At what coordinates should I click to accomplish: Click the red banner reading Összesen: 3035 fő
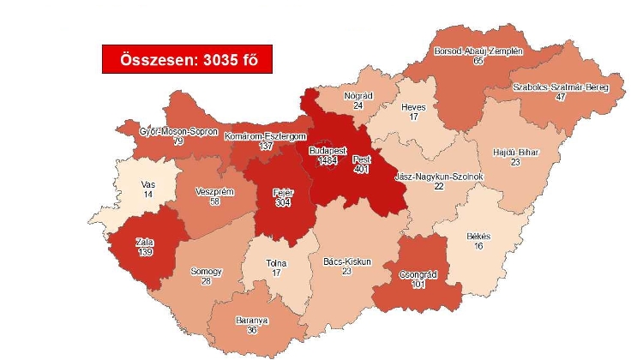click(x=180, y=59)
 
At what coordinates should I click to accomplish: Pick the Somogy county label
click(x=207, y=271)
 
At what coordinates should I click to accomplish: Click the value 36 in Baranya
click(x=251, y=330)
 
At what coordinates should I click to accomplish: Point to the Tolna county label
click(x=276, y=262)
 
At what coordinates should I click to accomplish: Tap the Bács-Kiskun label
click(x=346, y=261)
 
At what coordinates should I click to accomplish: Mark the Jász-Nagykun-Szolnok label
click(x=438, y=176)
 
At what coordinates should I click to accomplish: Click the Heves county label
click(x=414, y=107)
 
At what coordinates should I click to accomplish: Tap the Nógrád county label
click(x=358, y=95)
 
